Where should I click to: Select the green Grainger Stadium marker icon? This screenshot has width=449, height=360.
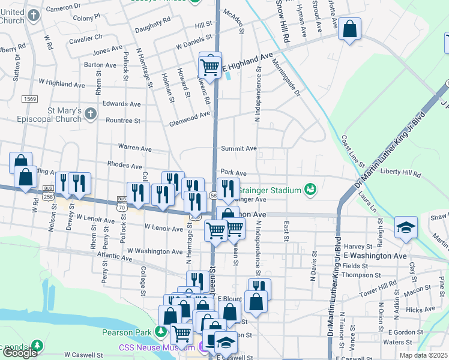tap(310, 190)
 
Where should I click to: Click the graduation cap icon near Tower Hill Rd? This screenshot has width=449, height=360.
tap(406, 228)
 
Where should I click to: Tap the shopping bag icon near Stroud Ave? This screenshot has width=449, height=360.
tap(349, 28)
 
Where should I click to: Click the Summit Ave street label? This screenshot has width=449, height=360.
tap(238, 148)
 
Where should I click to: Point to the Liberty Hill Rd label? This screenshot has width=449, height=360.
tap(401, 173)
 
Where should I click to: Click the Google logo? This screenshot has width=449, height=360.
tap(20, 352)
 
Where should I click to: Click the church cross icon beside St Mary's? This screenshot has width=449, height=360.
tap(90, 113)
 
